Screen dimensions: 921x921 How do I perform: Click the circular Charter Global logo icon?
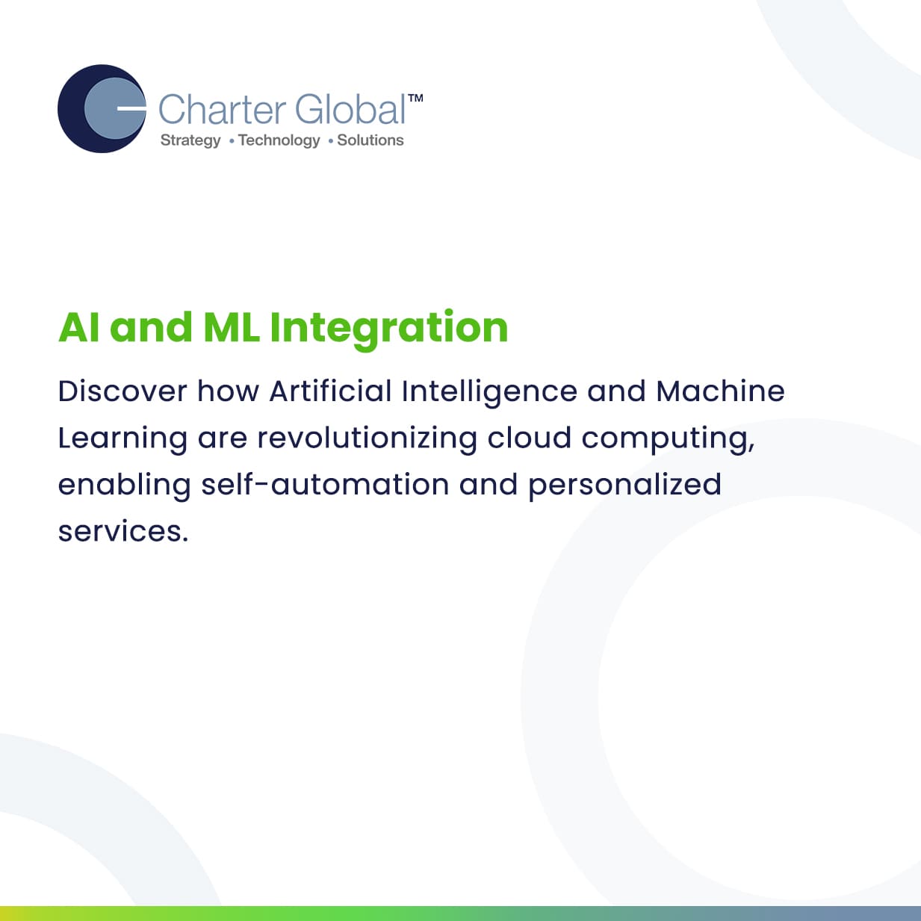click(102, 109)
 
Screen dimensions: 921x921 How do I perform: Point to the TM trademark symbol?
click(415, 98)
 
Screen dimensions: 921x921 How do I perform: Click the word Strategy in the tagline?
click(190, 140)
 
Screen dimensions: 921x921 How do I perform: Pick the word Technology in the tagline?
click(279, 140)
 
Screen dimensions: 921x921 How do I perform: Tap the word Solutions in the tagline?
click(370, 140)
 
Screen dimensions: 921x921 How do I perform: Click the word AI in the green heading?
click(79, 327)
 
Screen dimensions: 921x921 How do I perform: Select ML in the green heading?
click(232, 327)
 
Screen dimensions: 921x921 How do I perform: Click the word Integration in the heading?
click(388, 329)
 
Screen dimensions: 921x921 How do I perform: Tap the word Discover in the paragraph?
click(123, 391)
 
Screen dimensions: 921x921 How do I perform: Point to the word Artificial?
click(331, 391)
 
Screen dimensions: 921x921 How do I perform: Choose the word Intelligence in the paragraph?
click(490, 393)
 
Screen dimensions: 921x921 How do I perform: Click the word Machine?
click(720, 391)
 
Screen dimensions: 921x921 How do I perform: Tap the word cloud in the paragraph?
click(529, 437)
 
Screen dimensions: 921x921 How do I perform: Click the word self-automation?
click(325, 484)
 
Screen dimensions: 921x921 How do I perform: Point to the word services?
click(123, 532)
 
